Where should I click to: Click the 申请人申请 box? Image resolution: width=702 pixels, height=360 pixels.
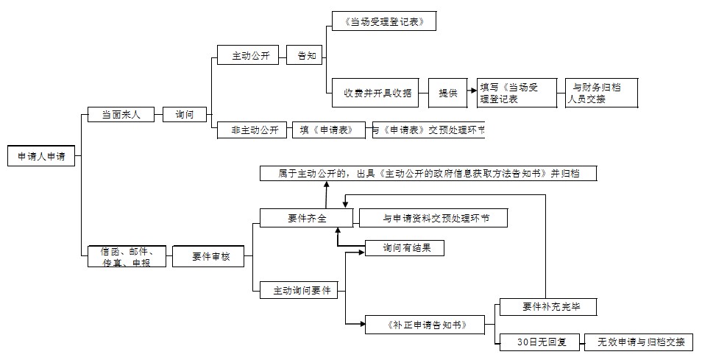pyautogui.click(x=40, y=157)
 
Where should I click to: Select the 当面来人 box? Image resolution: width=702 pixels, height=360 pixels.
pyautogui.click(x=121, y=115)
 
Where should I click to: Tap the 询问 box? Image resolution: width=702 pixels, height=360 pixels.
pyautogui.click(x=185, y=115)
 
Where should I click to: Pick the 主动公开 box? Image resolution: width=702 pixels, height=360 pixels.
pyautogui.click(x=248, y=56)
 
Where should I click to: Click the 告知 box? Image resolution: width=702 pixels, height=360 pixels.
pyautogui.click(x=304, y=56)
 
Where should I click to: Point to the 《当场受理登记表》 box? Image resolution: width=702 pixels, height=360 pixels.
pyautogui.click(x=383, y=21)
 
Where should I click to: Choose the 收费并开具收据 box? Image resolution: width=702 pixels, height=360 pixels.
pyautogui.click(x=375, y=93)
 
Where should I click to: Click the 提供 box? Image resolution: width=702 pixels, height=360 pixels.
pyautogui.click(x=448, y=93)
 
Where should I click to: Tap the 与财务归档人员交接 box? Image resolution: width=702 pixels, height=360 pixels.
pyautogui.click(x=595, y=93)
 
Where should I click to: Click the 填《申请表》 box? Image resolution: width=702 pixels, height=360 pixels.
pyautogui.click(x=328, y=130)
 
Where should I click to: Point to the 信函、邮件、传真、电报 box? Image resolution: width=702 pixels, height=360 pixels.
pyautogui.click(x=126, y=256)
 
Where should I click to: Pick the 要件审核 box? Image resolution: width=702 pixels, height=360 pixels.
pyautogui.click(x=208, y=256)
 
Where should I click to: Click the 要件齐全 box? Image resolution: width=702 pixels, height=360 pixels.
pyautogui.click(x=307, y=218)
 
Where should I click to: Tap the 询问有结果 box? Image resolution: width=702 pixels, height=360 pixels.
pyautogui.click(x=404, y=248)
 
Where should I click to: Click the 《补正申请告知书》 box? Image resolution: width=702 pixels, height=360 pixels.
pyautogui.click(x=425, y=325)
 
